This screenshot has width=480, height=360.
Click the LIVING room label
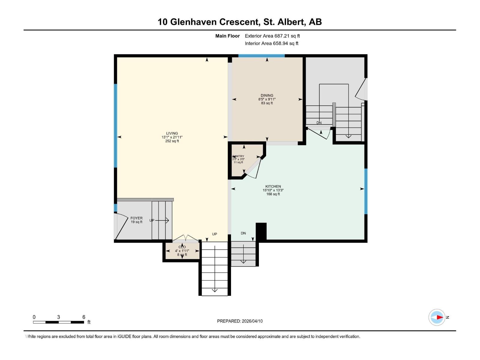(x=172, y=133)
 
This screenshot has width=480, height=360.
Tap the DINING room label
(x=267, y=95)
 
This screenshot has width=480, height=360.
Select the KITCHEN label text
(x=273, y=186)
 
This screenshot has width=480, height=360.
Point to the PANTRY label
(x=238, y=156)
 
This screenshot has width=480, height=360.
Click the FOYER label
(x=136, y=218)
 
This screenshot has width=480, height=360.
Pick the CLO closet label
(x=182, y=247)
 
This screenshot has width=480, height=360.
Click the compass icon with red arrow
(x=437, y=317)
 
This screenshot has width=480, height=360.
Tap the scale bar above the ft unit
(x=58, y=322)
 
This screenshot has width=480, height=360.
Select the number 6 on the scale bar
(x=84, y=317)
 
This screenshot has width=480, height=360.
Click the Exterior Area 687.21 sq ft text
(x=272, y=36)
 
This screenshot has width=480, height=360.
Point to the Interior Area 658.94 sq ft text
(x=271, y=43)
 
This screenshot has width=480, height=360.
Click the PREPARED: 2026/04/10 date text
(x=240, y=321)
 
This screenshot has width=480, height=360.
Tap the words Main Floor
(x=227, y=36)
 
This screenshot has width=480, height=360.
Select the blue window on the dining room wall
(x=261, y=56)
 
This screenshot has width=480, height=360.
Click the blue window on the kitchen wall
(x=366, y=191)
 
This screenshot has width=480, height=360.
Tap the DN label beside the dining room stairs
(x=319, y=123)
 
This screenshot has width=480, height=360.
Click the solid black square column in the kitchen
(x=261, y=231)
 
